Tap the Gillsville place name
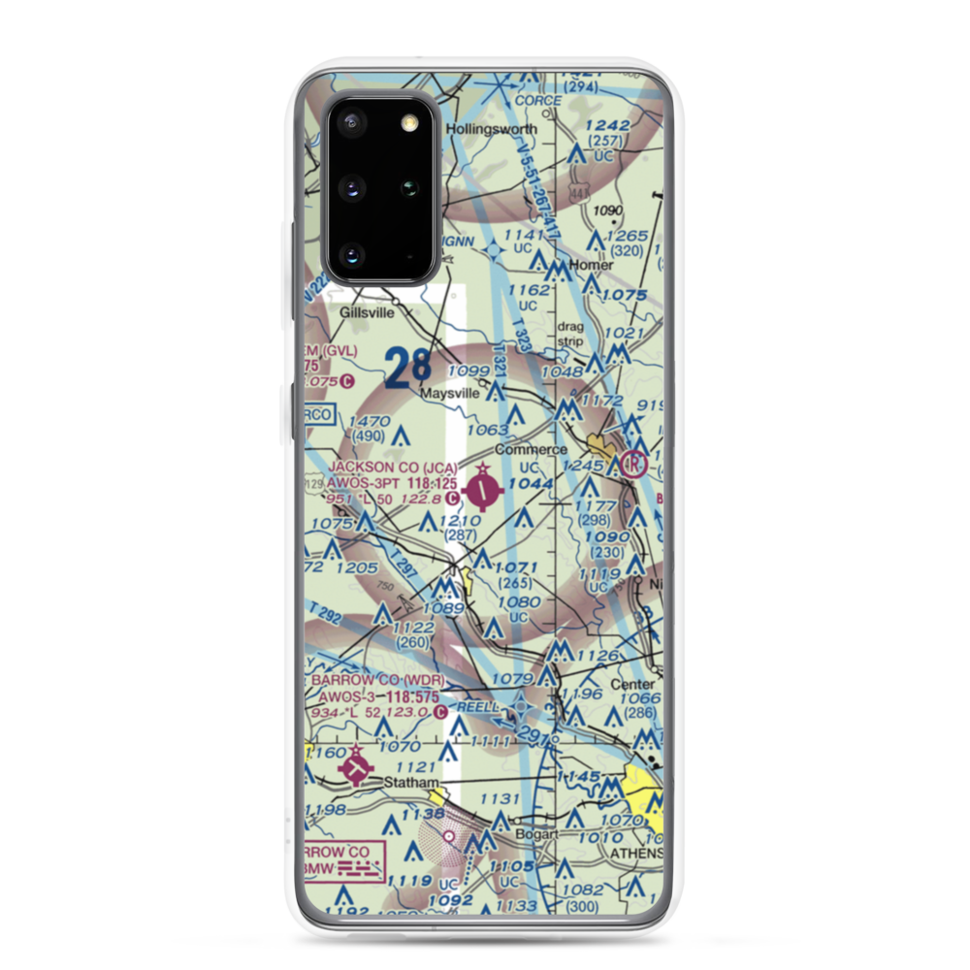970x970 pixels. click(371, 313)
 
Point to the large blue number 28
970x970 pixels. click(407, 368)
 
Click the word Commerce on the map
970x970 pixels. click(531, 450)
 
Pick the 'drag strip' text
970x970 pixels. click(570, 334)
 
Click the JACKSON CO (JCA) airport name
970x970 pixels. click(394, 468)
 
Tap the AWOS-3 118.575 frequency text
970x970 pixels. click(379, 696)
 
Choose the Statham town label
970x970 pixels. click(409, 781)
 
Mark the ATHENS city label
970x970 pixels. click(635, 853)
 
